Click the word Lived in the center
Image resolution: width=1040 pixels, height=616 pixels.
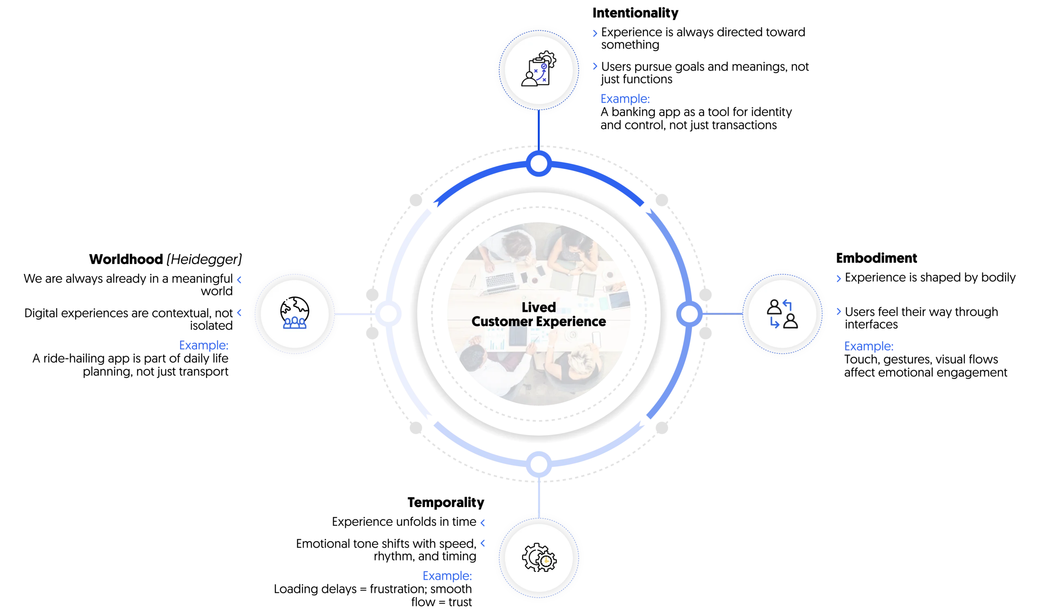(x=538, y=307)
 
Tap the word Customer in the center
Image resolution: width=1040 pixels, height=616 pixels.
(x=502, y=322)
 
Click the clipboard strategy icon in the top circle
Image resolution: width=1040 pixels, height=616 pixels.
(x=538, y=69)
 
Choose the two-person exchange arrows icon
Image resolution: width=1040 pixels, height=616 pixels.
(x=782, y=314)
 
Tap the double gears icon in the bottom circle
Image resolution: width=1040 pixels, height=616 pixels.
(x=539, y=558)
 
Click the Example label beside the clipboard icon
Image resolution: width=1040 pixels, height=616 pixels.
(x=625, y=99)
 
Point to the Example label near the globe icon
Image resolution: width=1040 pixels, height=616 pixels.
(x=204, y=345)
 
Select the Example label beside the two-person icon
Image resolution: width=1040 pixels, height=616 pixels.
(x=869, y=346)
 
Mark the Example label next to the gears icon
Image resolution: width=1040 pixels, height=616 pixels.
(x=448, y=576)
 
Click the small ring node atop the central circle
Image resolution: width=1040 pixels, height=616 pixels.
(x=538, y=164)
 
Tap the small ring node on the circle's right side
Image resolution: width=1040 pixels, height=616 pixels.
(x=689, y=314)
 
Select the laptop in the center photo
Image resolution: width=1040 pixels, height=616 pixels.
(x=500, y=281)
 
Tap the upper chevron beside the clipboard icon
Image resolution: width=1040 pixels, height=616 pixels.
(x=595, y=34)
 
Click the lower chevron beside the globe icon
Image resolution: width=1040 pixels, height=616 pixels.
(x=239, y=313)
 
